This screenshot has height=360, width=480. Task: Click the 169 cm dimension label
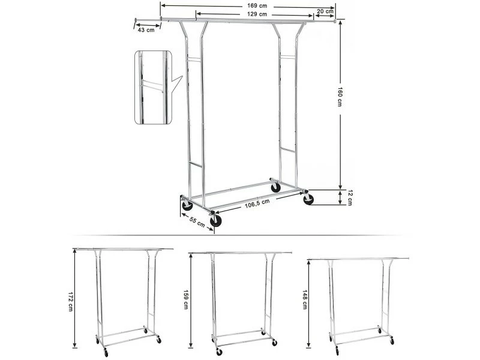click(x=257, y=6)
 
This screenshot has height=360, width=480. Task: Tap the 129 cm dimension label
click(x=257, y=14)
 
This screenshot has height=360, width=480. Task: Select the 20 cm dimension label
click(x=325, y=11)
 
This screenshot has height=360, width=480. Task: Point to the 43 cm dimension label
click(x=146, y=30)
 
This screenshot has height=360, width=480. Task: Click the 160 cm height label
click(x=340, y=97)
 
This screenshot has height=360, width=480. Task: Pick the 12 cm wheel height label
click(x=350, y=198)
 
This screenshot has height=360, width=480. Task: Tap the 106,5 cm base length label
click(x=257, y=203)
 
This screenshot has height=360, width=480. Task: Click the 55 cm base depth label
click(x=197, y=221)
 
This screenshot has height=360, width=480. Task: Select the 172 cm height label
click(x=70, y=302)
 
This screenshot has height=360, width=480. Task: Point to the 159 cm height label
click(x=185, y=299)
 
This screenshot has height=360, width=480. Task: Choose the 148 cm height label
click(x=305, y=299)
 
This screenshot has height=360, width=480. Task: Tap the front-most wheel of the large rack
click(x=215, y=221)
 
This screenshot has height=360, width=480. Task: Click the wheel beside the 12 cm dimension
click(x=308, y=199)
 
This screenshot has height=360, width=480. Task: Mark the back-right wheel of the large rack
click(x=276, y=187)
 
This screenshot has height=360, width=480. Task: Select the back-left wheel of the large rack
click(x=187, y=205)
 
